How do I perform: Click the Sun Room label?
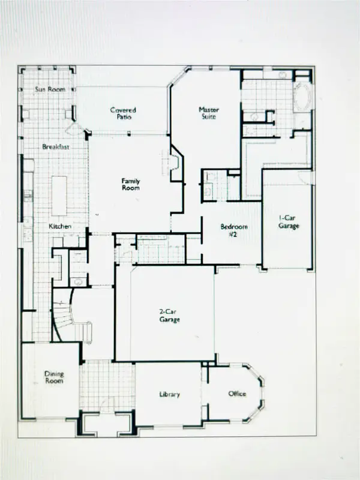(50, 89)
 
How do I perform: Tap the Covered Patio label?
(123, 113)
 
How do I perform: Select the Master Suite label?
(209, 113)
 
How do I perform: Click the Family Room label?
(130, 184)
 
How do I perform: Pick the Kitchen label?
(60, 226)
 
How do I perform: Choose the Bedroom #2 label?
(233, 230)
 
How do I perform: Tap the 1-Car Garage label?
(289, 222)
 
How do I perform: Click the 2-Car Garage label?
(170, 316)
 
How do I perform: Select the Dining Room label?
(54, 377)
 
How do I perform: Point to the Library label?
(170, 394)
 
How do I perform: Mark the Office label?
(237, 394)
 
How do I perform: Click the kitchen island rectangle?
(59, 196)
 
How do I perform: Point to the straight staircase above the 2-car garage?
(161, 248)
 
